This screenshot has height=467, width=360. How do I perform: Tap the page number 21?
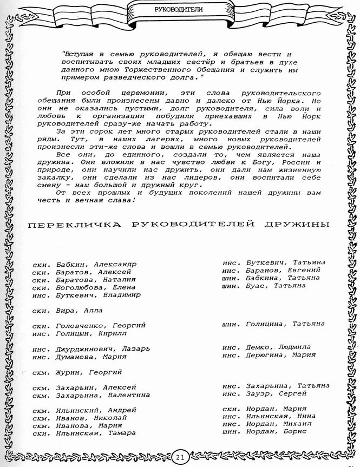180,457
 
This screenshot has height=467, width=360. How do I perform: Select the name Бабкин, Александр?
96,264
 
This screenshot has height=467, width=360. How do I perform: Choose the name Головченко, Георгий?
101,326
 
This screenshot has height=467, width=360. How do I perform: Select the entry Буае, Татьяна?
276,285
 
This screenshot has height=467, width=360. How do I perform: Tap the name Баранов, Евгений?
283,270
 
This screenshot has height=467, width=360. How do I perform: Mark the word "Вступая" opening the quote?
80,54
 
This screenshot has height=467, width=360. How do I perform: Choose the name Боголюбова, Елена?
96,287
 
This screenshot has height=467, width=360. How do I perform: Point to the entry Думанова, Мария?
91,357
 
